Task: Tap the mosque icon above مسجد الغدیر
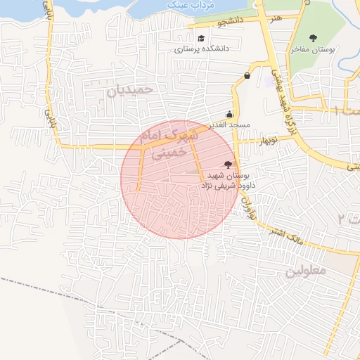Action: pos(229,113)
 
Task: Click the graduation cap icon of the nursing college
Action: pos(202,39)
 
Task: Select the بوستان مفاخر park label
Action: pos(315,51)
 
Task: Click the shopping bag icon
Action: pos(247,76)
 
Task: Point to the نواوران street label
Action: pos(246,205)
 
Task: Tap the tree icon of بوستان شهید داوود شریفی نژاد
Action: pos(226,163)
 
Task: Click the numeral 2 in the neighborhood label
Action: pos(341,219)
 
